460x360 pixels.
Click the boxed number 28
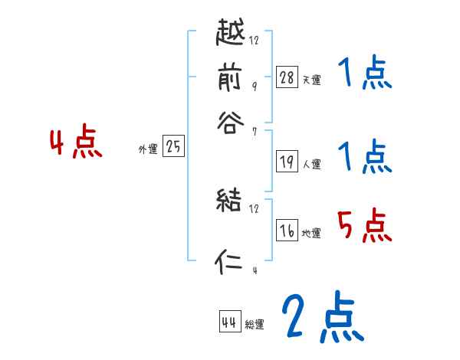click(287, 77)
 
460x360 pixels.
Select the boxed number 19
click(287, 161)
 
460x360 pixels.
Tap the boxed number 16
click(287, 231)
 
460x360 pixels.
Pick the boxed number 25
click(173, 147)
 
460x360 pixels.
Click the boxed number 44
click(229, 322)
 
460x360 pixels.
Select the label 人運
click(312, 164)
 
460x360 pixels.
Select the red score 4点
click(75, 143)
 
